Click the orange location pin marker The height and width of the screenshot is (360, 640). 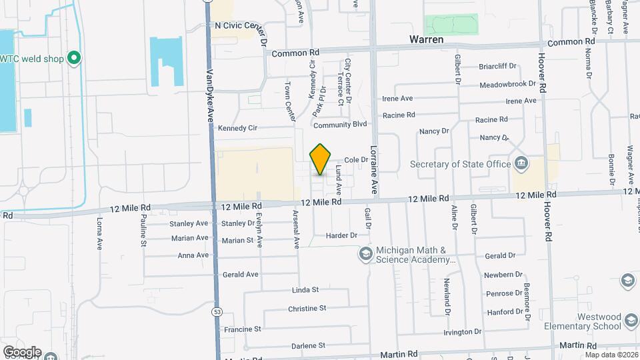coord(321,159)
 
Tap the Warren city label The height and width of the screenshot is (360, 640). coord(427,40)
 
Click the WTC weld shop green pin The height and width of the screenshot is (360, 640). coord(75,59)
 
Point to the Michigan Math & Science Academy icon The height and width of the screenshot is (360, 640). coord(365,253)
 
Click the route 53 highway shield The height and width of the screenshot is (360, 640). coord(217,311)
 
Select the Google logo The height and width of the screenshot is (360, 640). coord(21,352)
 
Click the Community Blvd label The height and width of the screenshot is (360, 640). coord(340,125)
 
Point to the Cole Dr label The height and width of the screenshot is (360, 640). coord(357,160)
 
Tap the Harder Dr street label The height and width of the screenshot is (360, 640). coord(341,235)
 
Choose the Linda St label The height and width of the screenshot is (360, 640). coord(306,290)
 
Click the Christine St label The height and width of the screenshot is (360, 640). coord(307,309)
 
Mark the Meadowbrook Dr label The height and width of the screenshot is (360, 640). coord(507,85)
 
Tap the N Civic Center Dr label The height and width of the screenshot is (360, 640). coord(241,25)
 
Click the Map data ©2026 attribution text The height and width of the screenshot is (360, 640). coord(611,354)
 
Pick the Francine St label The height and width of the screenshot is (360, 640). coord(243,329)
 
